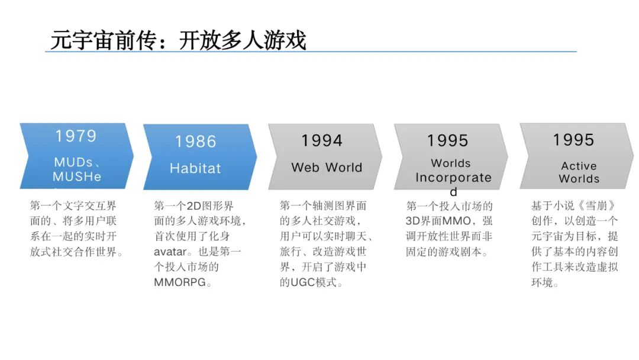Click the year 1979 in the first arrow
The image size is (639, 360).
76,136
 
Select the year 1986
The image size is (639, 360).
196,142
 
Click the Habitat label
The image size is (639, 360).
195,168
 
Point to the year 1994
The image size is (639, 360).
322,141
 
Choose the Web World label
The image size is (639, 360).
327,168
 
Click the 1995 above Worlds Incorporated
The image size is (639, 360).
448,141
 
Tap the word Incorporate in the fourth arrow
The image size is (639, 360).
453,178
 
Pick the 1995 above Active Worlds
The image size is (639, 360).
573,140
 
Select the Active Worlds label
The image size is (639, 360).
579,172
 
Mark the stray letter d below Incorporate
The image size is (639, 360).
454,192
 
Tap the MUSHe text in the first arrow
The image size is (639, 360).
77,176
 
